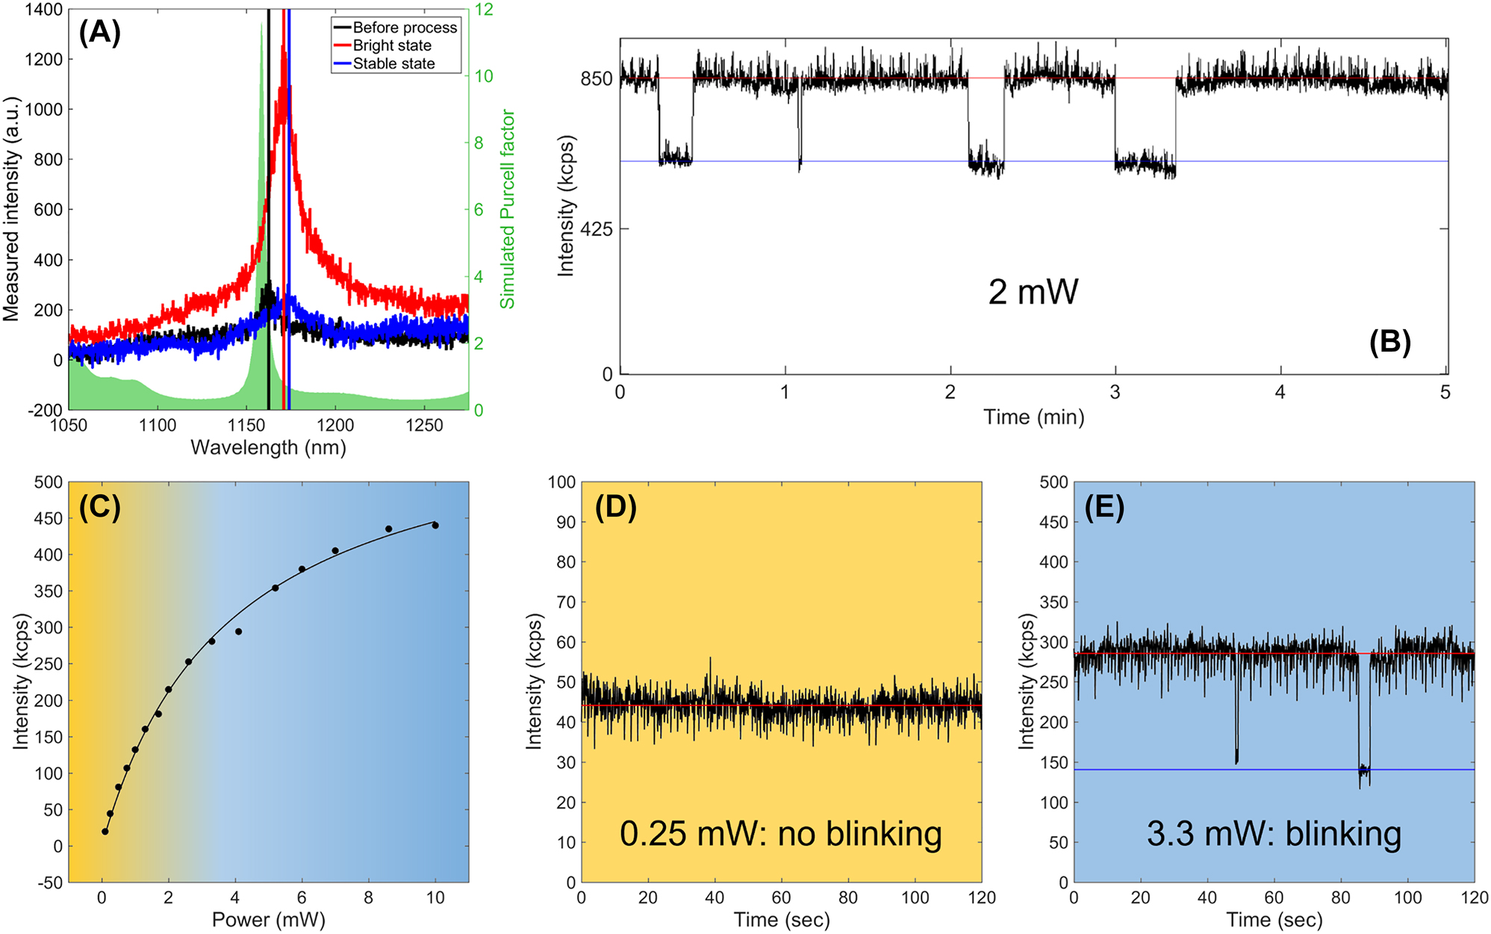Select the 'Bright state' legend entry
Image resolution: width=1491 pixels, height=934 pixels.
click(x=391, y=46)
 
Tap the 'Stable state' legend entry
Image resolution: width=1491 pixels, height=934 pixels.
click(x=393, y=64)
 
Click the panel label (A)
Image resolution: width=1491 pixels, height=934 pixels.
click(x=99, y=33)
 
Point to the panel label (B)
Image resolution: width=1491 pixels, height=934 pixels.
click(x=1389, y=342)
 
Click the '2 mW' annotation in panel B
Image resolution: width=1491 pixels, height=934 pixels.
click(x=1033, y=291)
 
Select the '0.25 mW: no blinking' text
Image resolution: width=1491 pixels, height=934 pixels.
click(x=780, y=833)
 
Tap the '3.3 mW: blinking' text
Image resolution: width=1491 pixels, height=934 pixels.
click(x=1274, y=833)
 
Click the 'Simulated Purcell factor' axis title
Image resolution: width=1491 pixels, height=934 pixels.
click(x=508, y=209)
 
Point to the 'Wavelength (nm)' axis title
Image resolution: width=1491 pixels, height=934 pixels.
click(x=268, y=447)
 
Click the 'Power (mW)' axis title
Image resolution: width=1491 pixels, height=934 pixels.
click(x=268, y=920)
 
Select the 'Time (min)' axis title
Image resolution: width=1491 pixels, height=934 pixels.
click(x=1033, y=417)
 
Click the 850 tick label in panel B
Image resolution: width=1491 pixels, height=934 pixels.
click(x=596, y=78)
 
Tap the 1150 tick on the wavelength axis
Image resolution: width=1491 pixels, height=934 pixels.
click(x=246, y=426)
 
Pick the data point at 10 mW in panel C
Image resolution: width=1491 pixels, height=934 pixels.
click(x=435, y=526)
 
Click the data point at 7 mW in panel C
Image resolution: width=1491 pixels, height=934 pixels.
click(x=335, y=551)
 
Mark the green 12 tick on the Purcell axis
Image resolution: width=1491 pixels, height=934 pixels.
click(x=484, y=10)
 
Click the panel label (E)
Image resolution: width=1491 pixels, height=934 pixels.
click(x=1104, y=507)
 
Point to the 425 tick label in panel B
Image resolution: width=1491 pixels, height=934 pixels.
click(x=596, y=229)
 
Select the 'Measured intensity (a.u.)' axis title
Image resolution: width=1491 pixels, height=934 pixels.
click(x=11, y=209)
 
